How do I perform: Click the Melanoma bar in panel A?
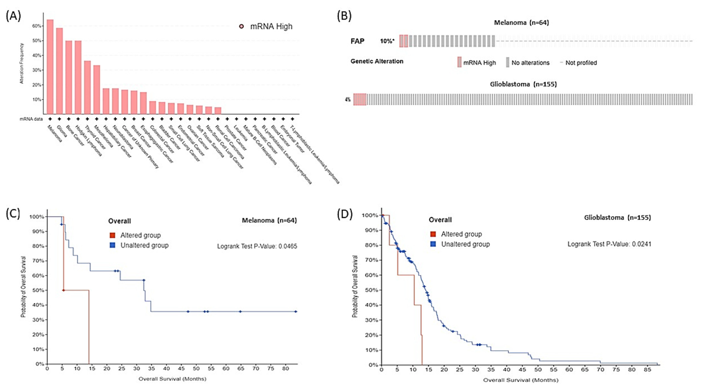[50, 67]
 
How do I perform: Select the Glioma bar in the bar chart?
[59, 71]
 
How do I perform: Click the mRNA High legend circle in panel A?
[241, 26]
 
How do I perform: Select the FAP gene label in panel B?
[357, 41]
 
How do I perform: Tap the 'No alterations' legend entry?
[530, 63]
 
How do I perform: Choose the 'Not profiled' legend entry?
[581, 63]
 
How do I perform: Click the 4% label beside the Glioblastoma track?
[348, 100]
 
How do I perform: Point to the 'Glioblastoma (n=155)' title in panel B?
[523, 84]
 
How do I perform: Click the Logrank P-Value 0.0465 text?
[257, 246]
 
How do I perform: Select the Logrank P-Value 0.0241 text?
[609, 244]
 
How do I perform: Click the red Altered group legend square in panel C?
[112, 235]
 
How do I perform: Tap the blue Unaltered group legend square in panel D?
[433, 244]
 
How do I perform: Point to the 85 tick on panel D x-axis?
[648, 370]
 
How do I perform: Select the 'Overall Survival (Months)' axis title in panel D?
[521, 380]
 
